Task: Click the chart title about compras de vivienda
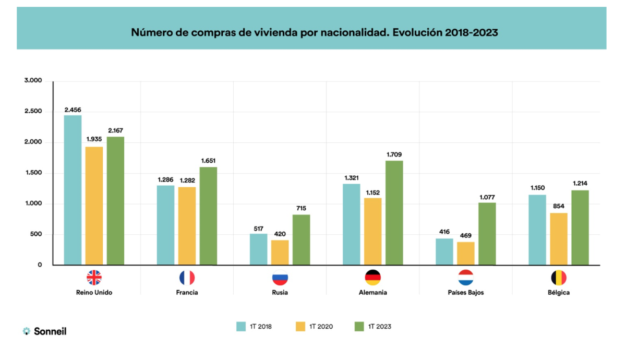click(314, 32)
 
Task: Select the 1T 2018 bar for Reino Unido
click(73, 190)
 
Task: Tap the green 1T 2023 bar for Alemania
click(394, 212)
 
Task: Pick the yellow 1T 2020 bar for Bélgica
click(559, 238)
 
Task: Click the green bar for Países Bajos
click(487, 233)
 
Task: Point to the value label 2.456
click(73, 110)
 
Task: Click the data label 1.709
click(394, 155)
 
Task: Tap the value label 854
click(559, 207)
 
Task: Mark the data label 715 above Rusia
click(301, 209)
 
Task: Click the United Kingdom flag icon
click(94, 278)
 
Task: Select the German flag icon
click(373, 278)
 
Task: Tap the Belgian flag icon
click(559, 278)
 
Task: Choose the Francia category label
click(187, 293)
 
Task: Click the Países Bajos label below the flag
click(466, 293)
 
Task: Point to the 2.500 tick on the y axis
click(32, 112)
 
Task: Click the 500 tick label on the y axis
click(35, 234)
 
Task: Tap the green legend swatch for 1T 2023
click(359, 327)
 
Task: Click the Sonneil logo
click(45, 331)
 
